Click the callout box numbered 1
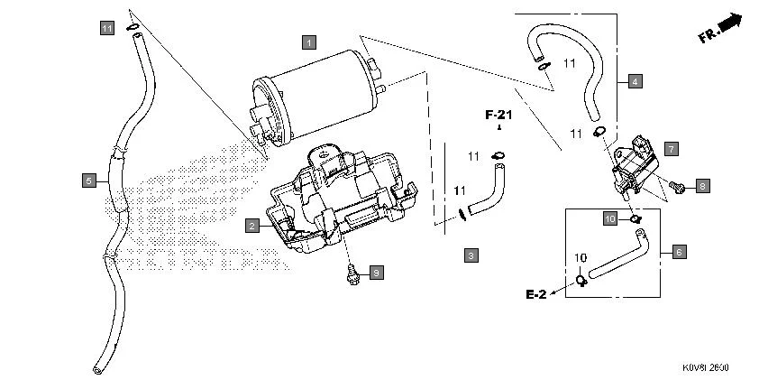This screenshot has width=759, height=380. click(309, 42)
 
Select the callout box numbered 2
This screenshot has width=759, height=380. click(252, 226)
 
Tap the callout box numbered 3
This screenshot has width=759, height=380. click(471, 255)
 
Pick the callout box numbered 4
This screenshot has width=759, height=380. click(636, 81)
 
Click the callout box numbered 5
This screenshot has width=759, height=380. click(88, 181)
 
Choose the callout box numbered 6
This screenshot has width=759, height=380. click(679, 252)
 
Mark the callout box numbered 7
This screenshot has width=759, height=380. click(670, 147)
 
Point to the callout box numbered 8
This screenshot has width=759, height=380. click(703, 185)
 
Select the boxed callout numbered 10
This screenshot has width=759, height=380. click(610, 218)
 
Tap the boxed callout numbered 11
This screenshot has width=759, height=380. click(107, 28)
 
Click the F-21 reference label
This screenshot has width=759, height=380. click(498, 116)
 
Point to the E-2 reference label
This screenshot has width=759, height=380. click(537, 294)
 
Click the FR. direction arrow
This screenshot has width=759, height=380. click(720, 29)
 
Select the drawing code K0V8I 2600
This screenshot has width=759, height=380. click(706, 368)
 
